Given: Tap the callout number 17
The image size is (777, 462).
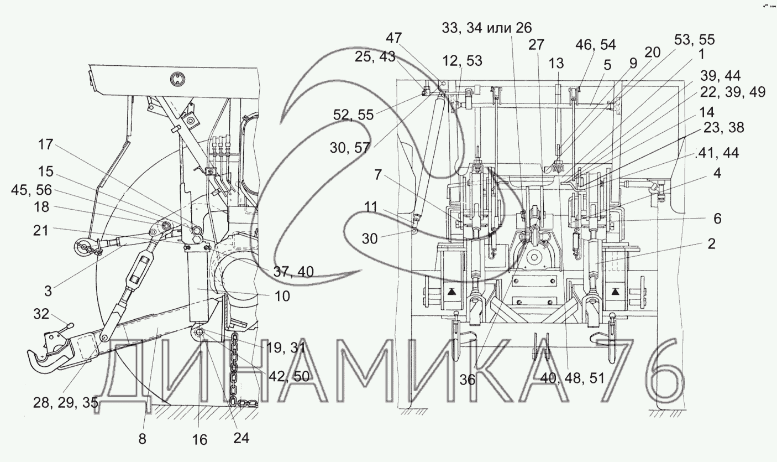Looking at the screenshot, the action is click(45, 145).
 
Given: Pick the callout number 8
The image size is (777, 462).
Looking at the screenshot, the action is click(143, 439).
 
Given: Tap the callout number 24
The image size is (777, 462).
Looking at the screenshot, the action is click(241, 438).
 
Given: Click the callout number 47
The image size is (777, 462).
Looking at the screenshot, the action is click(410, 38).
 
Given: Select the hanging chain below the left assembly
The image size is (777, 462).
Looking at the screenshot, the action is click(235, 371).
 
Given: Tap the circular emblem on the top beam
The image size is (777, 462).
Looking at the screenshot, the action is click(177, 79).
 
